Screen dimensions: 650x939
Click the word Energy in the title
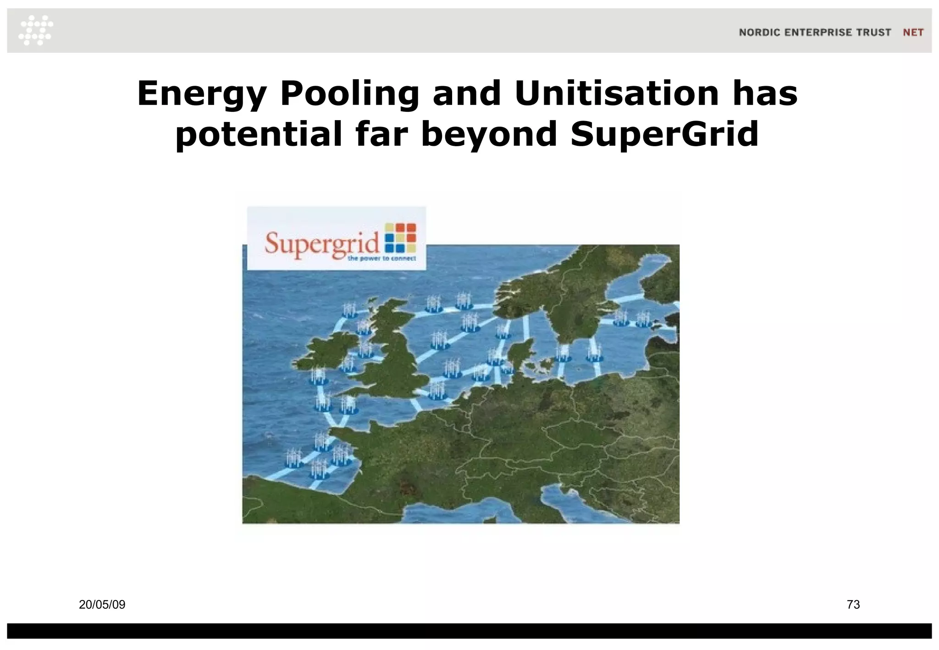tap(202, 94)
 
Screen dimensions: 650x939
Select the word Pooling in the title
tap(349, 94)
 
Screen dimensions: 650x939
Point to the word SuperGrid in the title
tap(664, 134)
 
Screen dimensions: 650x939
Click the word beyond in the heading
tap(489, 134)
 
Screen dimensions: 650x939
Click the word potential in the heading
tap(259, 134)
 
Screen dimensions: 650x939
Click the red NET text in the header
tap(913, 33)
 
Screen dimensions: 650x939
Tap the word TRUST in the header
tap(873, 33)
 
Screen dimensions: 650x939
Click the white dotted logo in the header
tap(36, 30)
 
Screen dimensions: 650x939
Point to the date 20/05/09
tap(102, 605)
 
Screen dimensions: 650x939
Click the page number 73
tap(853, 605)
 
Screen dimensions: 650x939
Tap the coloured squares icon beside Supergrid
tap(400, 237)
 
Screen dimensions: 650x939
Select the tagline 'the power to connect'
tap(381, 259)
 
